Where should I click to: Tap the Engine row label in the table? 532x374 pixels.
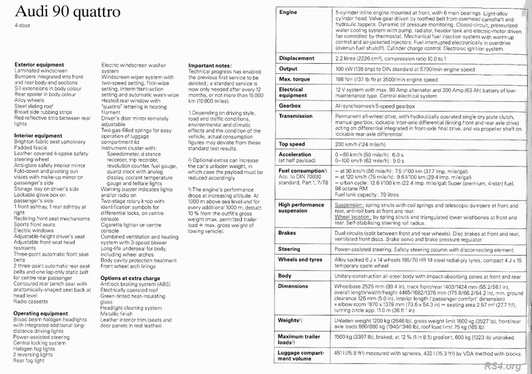click(x=289, y=13)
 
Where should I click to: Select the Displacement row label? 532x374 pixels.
click(x=297, y=58)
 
